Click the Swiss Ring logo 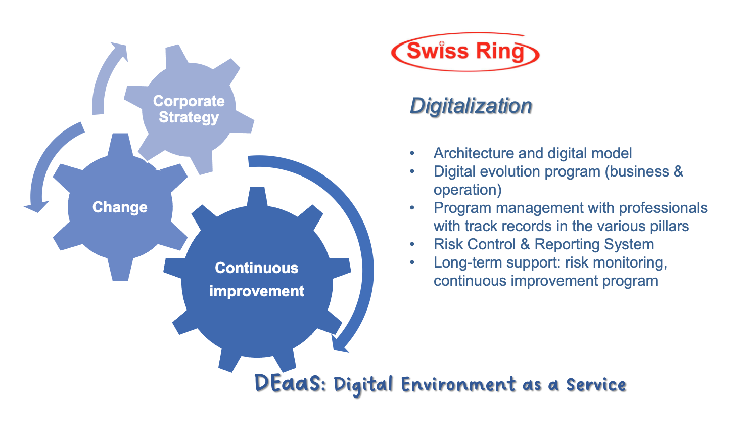pyautogui.click(x=465, y=52)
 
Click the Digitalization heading pyautogui.click(x=471, y=106)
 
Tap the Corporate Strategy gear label pyautogui.click(x=189, y=109)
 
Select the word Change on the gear pyautogui.click(x=120, y=207)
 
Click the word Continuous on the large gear pyautogui.click(x=256, y=268)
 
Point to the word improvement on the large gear pyautogui.click(x=256, y=291)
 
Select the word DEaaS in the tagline pyautogui.click(x=290, y=384)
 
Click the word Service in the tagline pyautogui.click(x=596, y=385)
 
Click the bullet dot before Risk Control pyautogui.click(x=412, y=244)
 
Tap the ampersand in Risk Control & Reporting pyautogui.click(x=525, y=244)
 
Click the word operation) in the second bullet pyautogui.click(x=468, y=190)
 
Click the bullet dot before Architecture pyautogui.click(x=412, y=153)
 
